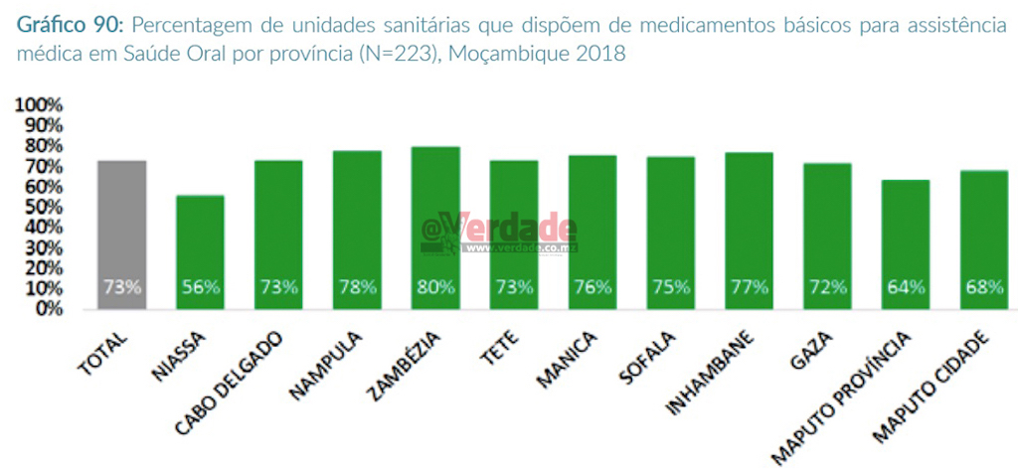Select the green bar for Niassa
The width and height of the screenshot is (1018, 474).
pos(201,252)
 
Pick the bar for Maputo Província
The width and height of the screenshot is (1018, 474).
pos(905,244)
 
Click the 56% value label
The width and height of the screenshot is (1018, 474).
pos(201,288)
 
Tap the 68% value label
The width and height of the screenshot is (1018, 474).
pos(983,288)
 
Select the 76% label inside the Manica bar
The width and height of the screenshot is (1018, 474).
pos(593,288)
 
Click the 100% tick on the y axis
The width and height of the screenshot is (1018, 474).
pos(41,105)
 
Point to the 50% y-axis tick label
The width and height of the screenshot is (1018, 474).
pos(45,207)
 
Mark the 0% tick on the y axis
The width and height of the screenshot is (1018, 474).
pos(50,309)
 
